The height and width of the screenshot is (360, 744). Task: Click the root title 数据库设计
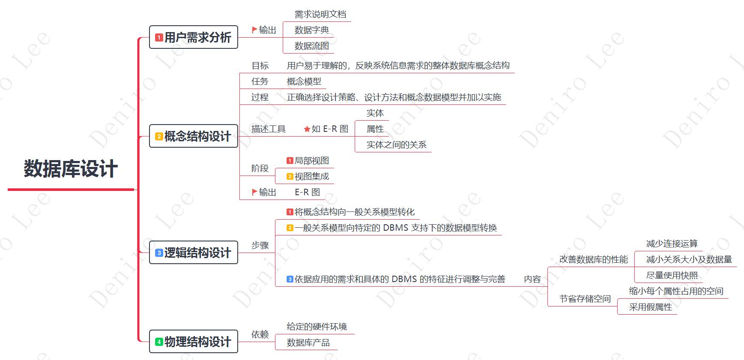[x=71, y=169]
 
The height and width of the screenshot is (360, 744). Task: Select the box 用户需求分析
[x=194, y=37]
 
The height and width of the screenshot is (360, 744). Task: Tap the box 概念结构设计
[x=194, y=136]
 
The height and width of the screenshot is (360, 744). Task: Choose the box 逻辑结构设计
[x=194, y=253]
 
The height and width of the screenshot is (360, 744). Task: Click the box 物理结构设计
[x=194, y=342]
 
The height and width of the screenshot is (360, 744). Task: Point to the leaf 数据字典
[x=311, y=30]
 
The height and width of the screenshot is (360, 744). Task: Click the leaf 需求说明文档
[x=320, y=14]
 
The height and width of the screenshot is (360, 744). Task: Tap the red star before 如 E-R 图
[x=307, y=129]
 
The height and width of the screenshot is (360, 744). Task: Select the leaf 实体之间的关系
[x=396, y=145]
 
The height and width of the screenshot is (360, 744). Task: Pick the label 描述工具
[x=268, y=129]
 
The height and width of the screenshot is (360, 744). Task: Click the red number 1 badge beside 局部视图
[x=290, y=161]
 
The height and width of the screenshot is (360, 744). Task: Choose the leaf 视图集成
[x=311, y=176]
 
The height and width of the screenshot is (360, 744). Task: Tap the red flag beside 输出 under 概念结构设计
[x=254, y=192]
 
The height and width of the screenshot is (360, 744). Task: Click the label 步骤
[x=260, y=245]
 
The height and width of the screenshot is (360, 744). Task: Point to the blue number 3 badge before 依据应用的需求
[x=290, y=279]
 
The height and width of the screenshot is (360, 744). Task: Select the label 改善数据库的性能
[x=593, y=259]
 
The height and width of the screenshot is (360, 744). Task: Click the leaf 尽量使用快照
[x=672, y=275]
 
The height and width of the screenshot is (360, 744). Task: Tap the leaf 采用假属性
[x=650, y=307]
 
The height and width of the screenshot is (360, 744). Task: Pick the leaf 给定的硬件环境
[x=317, y=327]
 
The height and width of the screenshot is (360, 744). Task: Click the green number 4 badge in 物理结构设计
[x=159, y=342]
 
